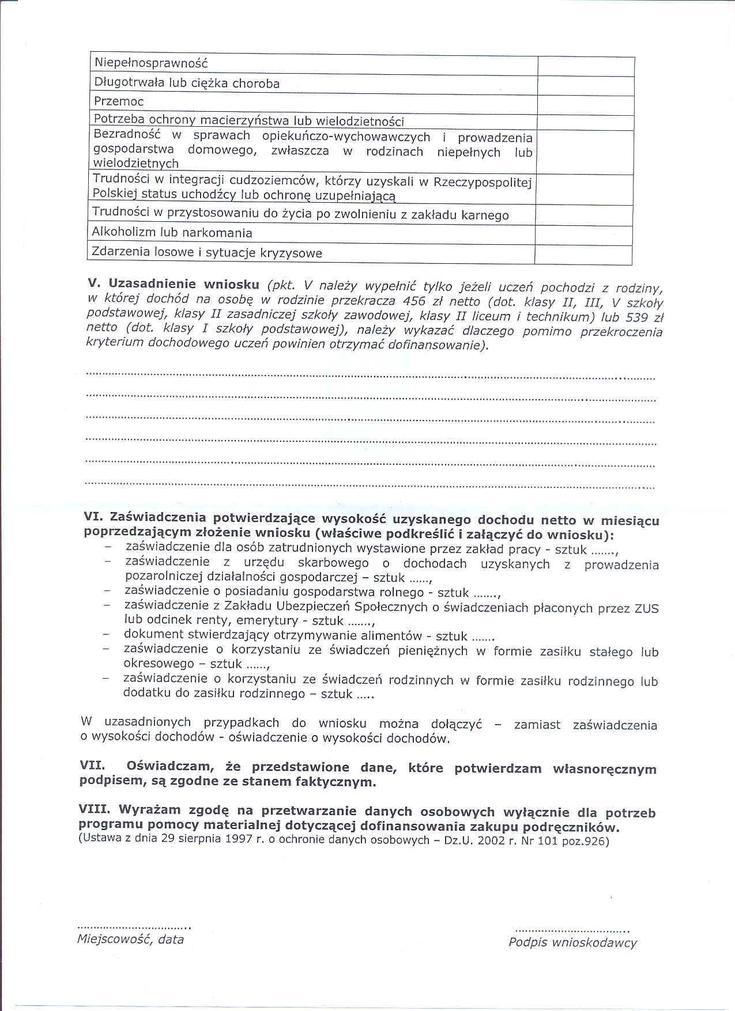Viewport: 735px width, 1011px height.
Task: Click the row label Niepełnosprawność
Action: (x=150, y=63)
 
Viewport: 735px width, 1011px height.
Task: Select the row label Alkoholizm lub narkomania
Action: (x=172, y=233)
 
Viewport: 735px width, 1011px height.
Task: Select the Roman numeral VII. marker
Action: (x=92, y=767)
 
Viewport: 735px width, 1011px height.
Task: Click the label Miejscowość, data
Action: (x=130, y=940)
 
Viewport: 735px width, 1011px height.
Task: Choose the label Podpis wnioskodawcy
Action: (x=572, y=942)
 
